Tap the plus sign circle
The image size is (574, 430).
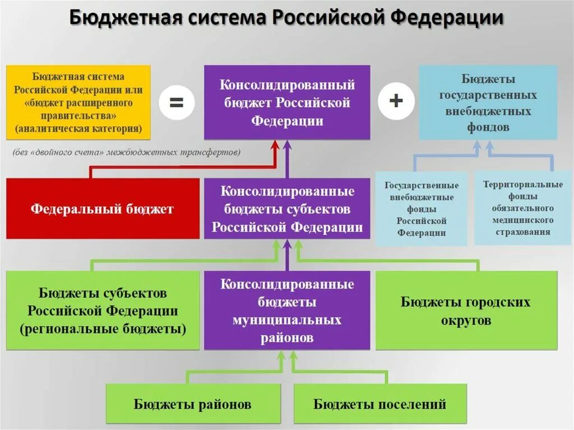coord(396,101)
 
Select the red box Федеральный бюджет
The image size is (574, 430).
coord(103,209)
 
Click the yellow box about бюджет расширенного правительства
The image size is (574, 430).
coord(78,103)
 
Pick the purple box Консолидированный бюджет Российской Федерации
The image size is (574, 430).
coord(287,103)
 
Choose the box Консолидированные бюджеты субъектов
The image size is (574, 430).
coord(287,209)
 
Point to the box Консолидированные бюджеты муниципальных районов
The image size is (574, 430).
coord(287,311)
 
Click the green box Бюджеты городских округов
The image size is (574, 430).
coord(466,311)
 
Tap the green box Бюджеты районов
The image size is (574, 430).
coord(192,404)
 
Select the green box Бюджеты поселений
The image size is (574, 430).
coord(379,404)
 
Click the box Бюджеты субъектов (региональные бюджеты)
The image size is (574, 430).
coord(103,311)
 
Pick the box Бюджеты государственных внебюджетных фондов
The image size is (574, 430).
coord(488,103)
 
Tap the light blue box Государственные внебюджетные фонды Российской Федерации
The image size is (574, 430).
coord(421,209)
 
